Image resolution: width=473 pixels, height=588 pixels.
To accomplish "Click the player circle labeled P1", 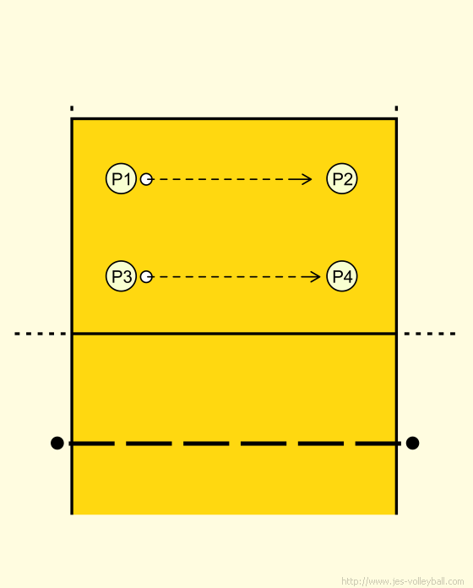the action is coord(121,178).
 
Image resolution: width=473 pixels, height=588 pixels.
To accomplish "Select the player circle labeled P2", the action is coord(342,178).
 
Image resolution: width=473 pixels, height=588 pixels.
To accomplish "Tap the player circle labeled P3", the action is coord(121,276).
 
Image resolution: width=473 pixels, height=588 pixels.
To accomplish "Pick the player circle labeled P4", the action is coord(342,276).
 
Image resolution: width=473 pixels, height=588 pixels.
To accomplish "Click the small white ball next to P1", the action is coord(146,179).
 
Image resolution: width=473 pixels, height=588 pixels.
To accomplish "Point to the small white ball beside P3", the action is coord(146,277).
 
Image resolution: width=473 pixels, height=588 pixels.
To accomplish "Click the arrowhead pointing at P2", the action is coord(307,179).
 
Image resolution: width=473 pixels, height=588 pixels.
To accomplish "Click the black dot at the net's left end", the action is coord(57,443).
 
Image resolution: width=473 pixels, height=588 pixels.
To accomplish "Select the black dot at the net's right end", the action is coord(412,443).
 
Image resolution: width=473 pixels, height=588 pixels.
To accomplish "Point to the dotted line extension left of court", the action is coord(40,334).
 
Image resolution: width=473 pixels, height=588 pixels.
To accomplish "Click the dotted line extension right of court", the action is coord(430,334).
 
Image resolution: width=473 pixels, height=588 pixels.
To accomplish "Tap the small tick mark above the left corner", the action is coord(72,108).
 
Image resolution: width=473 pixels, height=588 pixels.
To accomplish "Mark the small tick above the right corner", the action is coord(396,108).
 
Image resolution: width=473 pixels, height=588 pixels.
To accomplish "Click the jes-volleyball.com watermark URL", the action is coord(403,581).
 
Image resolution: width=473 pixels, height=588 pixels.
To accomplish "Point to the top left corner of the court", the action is coord(72,119).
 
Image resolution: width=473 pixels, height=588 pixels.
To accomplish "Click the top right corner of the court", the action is coord(396,119).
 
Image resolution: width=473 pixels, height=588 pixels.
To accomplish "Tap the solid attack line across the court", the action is coord(234,333).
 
